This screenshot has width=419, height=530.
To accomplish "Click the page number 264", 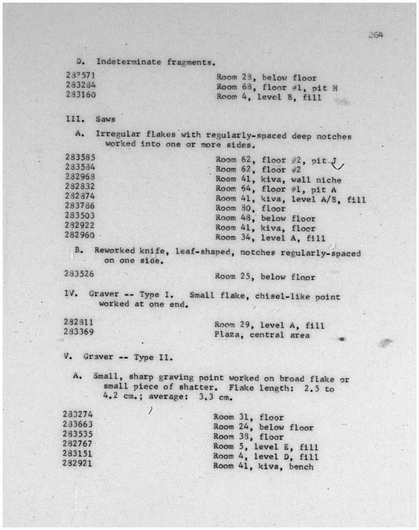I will point(376,35).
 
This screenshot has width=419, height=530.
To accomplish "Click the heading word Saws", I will point(106,119).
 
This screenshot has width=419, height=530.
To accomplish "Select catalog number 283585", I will point(80,157).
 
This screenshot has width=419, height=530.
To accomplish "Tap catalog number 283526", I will point(79,274).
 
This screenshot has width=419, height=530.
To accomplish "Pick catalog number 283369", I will point(79,331).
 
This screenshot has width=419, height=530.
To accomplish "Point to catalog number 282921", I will point(77,463).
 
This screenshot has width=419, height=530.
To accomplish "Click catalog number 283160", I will point(81,94).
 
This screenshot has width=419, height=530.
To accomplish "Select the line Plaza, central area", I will point(262,335).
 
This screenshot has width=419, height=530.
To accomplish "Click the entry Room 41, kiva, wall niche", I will point(278,179).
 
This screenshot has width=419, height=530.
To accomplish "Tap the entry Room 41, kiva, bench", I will point(263,467).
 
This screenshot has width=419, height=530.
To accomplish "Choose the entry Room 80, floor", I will point(250,209).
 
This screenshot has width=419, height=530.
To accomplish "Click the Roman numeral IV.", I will point(71,294).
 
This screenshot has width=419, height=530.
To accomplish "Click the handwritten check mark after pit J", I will point(338,166).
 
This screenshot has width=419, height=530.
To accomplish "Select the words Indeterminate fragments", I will point(155,62).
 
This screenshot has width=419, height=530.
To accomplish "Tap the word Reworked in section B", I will point(114,250).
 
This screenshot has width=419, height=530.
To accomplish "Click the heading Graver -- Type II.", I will point(128,357).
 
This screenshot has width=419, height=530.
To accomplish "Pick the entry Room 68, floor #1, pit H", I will point(277,88).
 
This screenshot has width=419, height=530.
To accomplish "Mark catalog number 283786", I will point(79,205).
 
